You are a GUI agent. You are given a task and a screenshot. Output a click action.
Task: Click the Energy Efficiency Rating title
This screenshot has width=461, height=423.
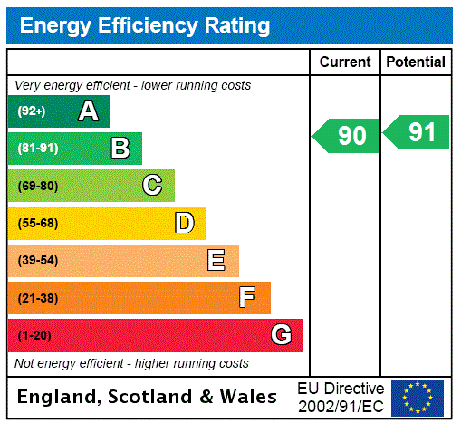(x=145, y=25)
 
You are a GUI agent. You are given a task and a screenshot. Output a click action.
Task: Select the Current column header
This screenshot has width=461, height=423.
(x=345, y=62)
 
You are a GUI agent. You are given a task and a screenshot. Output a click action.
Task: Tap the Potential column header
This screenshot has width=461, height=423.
(x=416, y=62)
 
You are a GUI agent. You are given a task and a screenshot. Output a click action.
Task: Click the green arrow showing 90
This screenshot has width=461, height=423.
(x=347, y=136)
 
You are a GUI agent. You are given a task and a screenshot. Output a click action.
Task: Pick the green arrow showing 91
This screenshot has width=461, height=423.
(x=418, y=132)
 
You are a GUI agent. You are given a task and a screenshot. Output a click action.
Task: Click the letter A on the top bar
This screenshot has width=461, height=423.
(x=88, y=111)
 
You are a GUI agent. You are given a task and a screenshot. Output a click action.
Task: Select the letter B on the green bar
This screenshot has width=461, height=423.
(x=120, y=148)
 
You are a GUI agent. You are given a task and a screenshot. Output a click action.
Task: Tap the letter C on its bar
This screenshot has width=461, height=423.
(x=152, y=186)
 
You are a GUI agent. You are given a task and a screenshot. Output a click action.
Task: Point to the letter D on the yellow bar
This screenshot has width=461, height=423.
(x=184, y=223)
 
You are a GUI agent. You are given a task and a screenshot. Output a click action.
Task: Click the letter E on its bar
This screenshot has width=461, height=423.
(x=216, y=261)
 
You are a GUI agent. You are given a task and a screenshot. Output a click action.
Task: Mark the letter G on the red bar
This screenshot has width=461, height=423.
(x=281, y=335)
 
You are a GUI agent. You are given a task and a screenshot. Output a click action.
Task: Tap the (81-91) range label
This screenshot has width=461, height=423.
(x=37, y=149)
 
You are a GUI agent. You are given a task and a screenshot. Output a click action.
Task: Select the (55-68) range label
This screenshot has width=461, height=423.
(x=37, y=223)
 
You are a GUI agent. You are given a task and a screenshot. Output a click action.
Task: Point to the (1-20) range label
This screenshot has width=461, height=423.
(x=34, y=336)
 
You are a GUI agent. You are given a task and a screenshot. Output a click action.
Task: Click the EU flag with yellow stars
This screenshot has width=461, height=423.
(x=418, y=397)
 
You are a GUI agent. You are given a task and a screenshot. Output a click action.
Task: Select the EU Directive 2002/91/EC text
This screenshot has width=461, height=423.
(x=341, y=397)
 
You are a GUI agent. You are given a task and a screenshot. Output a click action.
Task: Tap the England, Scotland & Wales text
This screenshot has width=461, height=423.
(x=148, y=397)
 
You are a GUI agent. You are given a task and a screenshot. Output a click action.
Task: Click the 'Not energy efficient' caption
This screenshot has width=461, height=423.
(x=131, y=363)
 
